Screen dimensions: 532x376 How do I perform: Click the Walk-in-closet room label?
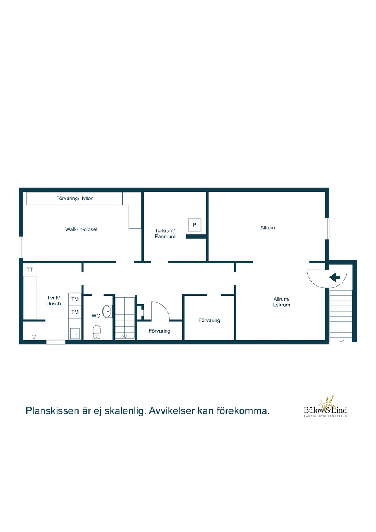click(x=82, y=229)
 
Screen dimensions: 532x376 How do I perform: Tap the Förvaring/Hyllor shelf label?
click(x=75, y=198)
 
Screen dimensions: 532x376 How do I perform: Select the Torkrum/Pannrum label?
click(x=165, y=234)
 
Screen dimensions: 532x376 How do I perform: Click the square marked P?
click(x=194, y=225)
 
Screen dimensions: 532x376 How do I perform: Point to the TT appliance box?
click(x=30, y=270)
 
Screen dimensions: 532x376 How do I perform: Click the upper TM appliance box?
click(x=75, y=299)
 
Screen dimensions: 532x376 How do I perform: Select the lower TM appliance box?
click(x=75, y=312)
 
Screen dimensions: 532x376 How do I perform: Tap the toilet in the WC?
click(x=97, y=331)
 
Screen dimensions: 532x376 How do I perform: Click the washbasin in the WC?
click(x=108, y=312)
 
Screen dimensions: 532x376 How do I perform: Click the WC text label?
click(x=95, y=316)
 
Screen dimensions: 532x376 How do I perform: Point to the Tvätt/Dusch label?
click(x=54, y=301)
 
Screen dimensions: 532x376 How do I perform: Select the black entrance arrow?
click(x=335, y=277)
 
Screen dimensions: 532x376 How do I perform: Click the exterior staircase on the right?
click(x=341, y=316)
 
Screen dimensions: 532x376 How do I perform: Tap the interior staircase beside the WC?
click(x=125, y=318)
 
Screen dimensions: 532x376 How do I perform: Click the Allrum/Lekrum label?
click(x=282, y=302)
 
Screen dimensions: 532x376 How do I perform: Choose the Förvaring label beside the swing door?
click(x=159, y=331)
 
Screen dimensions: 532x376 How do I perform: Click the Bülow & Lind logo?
click(x=325, y=407)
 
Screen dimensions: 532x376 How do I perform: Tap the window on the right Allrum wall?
click(x=327, y=229)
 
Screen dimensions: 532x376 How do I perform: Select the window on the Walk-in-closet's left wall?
click(x=21, y=247)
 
